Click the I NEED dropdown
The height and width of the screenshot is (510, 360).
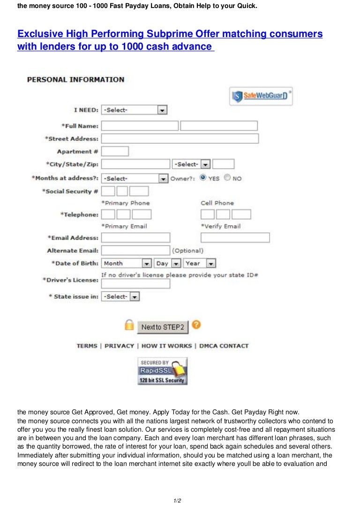134,110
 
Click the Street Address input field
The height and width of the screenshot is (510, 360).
180,138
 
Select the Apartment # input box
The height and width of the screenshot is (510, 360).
115,151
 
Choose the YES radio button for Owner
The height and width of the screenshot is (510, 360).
203,178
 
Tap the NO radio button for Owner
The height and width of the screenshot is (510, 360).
227,178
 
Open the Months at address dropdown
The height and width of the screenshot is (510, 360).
135,178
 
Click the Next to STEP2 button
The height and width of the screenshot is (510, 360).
163,327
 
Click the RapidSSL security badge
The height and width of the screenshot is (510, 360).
162,371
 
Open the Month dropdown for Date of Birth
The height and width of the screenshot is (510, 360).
127,263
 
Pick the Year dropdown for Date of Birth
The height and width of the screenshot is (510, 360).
200,263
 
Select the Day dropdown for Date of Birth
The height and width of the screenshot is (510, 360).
168,263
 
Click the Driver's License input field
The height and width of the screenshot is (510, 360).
135,284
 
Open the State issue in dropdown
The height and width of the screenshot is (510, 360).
120,297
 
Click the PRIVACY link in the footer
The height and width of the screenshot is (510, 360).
119,346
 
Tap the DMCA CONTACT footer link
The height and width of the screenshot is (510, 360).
224,346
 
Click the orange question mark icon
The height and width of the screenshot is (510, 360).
196,324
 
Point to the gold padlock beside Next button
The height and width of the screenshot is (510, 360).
129,325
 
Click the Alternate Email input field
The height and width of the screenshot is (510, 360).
135,251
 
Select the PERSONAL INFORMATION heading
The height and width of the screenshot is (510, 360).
75,79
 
